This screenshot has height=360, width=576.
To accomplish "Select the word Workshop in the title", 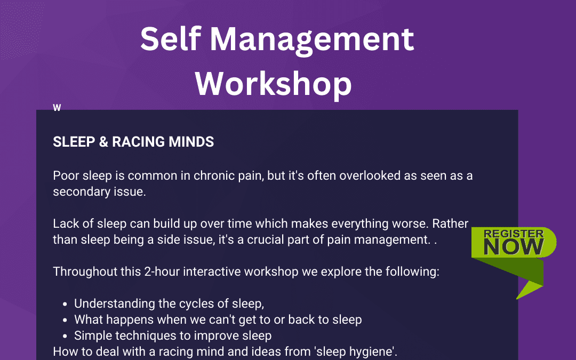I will point(274,83).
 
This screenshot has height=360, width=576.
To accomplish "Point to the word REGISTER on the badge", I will point(514,234).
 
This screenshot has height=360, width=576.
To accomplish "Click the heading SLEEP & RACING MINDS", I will point(133,142).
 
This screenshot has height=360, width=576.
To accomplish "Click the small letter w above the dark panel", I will point(57,108).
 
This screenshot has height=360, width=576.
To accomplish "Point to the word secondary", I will point(80,192).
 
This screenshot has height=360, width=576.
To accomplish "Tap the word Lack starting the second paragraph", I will point(65,224).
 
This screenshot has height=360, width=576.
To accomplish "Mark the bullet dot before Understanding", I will point(65,304).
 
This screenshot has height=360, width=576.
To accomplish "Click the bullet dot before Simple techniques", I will point(65,336).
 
